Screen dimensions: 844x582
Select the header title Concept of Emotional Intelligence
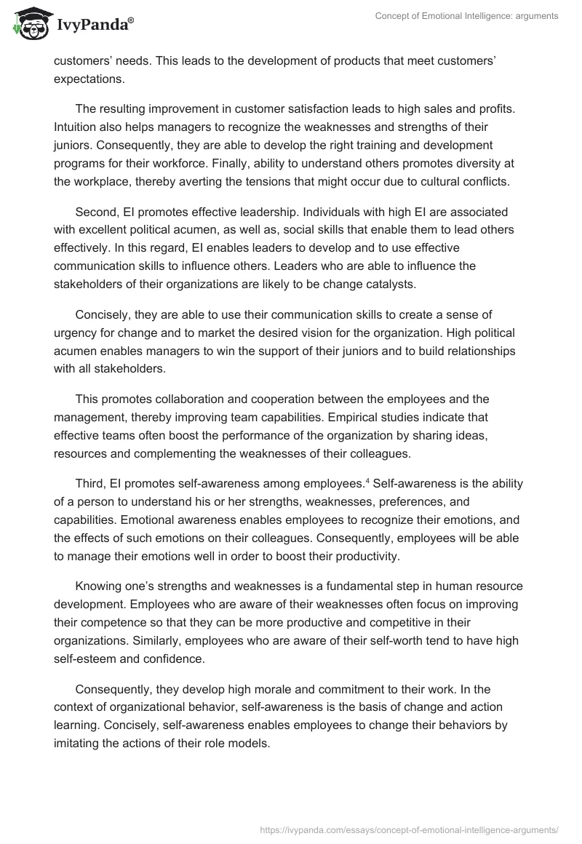[466, 16]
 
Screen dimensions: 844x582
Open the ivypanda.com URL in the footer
[409, 829]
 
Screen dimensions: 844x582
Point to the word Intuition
[76, 127]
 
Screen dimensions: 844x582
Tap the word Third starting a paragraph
[90, 483]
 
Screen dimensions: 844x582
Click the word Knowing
[98, 586]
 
